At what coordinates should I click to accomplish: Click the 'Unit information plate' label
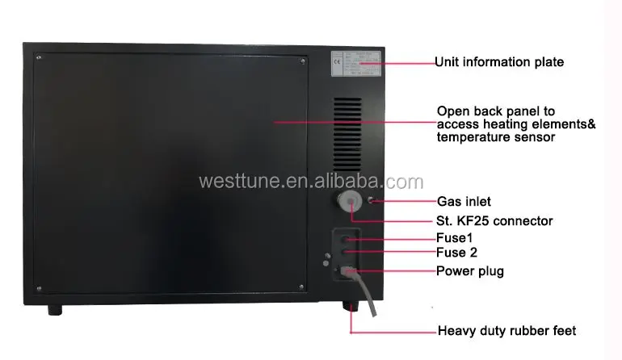(498, 61)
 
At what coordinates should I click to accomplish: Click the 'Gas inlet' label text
(464, 201)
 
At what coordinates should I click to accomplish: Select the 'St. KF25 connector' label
(494, 220)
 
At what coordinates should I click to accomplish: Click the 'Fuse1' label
(455, 239)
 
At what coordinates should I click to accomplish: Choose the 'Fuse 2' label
(457, 253)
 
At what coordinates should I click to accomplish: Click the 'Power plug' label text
(470, 271)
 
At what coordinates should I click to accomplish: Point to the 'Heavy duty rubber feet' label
(506, 331)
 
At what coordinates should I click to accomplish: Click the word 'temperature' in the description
(469, 137)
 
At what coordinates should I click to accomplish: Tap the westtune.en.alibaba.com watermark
(310, 181)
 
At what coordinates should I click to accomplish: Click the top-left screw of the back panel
(38, 58)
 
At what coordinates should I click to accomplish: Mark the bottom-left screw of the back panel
(38, 287)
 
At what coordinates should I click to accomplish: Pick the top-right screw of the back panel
(303, 59)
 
